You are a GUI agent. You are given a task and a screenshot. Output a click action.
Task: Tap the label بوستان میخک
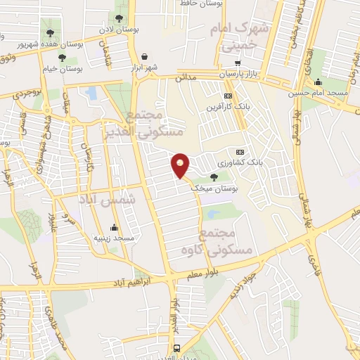point(219,189)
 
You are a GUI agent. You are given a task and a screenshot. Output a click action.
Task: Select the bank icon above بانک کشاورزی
point(240,152)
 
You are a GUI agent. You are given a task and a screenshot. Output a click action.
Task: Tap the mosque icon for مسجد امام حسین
point(319,82)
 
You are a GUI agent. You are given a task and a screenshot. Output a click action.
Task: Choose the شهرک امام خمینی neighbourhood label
point(233,38)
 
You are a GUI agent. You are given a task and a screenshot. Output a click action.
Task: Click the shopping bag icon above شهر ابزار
point(144,56)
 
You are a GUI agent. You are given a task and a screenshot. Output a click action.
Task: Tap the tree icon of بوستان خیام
point(63,58)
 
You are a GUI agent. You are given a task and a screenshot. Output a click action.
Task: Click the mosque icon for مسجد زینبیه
point(114,227)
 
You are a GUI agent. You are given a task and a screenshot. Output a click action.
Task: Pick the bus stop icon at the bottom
point(176,348)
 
